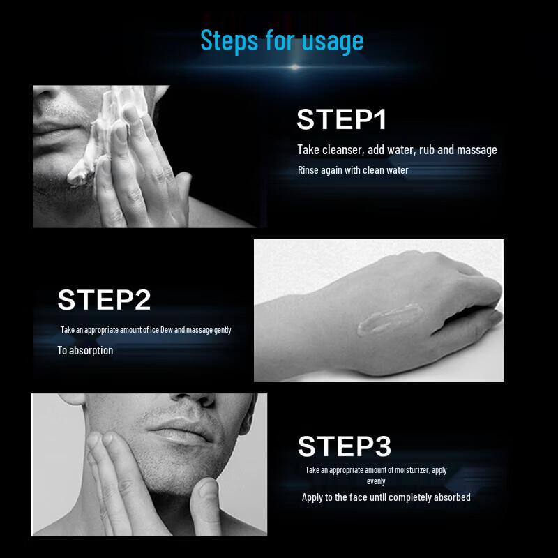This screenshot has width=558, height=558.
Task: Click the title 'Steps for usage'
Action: pos(282,40)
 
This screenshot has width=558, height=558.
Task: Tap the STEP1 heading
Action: pos(341,119)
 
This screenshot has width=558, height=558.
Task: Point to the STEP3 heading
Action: pos(345,446)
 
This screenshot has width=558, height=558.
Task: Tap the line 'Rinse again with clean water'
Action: pos(353,170)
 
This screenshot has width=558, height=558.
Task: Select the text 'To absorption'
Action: pos(85,351)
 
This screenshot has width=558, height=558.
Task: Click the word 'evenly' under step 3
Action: pos(376,481)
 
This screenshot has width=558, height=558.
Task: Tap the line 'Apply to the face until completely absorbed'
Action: pos(386,497)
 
